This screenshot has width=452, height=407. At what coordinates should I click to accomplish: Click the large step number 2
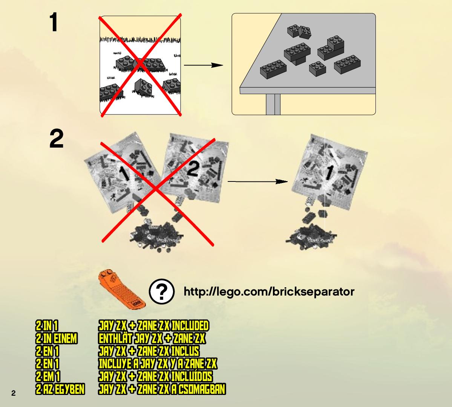click(57, 139)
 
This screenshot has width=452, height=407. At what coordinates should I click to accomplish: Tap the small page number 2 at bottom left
click(14, 393)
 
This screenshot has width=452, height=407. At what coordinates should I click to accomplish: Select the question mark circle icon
click(162, 291)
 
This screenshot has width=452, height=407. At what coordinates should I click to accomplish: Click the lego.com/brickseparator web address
click(269, 291)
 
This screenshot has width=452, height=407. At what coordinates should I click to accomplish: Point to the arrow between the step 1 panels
click(204, 65)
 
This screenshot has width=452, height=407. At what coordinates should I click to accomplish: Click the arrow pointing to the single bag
click(258, 181)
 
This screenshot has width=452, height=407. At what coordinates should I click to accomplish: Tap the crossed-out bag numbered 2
click(195, 168)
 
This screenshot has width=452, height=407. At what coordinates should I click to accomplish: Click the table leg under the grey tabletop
click(273, 104)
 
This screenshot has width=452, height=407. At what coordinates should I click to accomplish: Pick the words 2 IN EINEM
click(57, 338)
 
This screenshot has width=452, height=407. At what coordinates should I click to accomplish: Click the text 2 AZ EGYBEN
click(60, 389)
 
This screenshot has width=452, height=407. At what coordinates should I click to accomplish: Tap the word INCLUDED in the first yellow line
click(190, 326)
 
